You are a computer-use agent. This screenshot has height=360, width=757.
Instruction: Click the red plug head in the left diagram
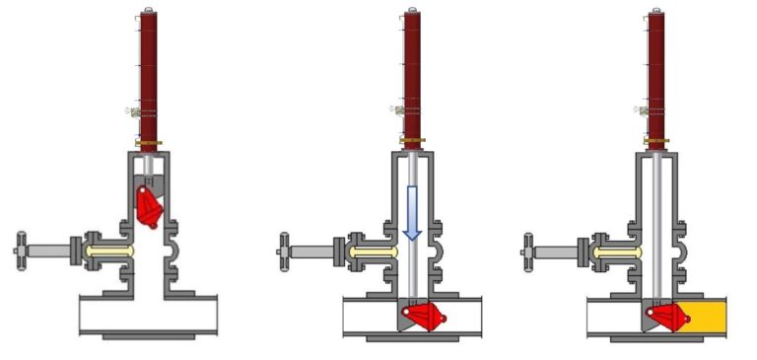click(x=148, y=206)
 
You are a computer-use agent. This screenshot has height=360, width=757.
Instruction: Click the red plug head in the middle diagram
click(x=421, y=317)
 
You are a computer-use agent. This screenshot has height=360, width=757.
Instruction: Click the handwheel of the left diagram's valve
click(x=20, y=250)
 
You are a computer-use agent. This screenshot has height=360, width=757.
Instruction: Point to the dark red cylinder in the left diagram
click(x=149, y=79)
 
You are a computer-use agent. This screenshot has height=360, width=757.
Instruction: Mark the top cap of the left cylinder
click(x=149, y=11)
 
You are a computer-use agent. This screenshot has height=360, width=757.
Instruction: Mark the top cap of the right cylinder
click(x=655, y=11)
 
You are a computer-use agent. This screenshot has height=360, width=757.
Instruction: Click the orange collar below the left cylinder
click(x=149, y=143)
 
